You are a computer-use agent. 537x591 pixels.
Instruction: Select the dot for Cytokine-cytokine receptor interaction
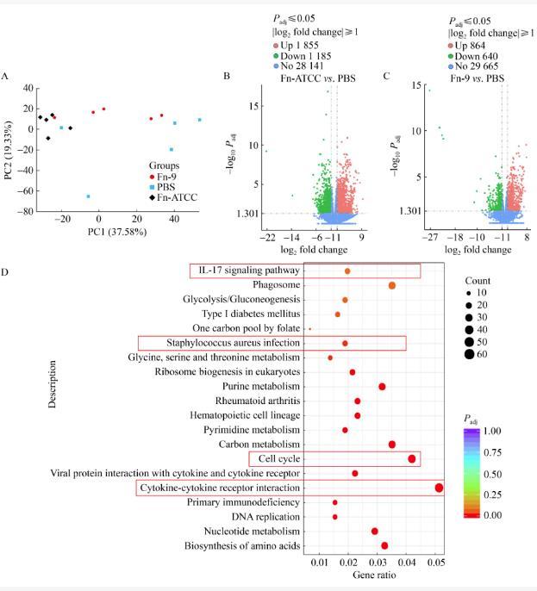pos(439,488)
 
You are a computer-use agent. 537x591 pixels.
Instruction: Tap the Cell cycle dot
pos(411,459)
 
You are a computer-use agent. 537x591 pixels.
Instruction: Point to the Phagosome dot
pos(392,285)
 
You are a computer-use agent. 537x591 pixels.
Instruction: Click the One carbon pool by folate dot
pos(309,328)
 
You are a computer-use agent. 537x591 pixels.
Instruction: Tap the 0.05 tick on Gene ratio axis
pos(437,562)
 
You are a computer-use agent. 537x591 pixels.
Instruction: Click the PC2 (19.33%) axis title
pos(9,150)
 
